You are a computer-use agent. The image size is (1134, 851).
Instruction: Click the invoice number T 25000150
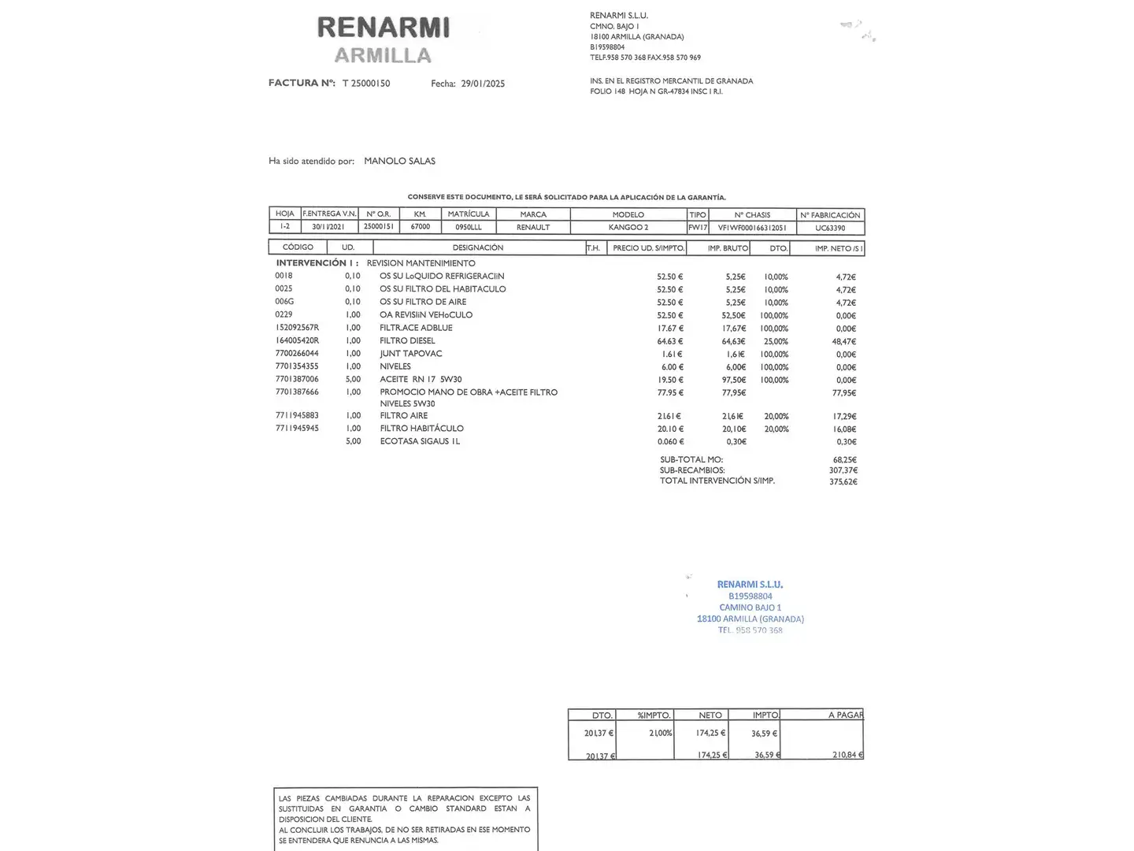point(366,84)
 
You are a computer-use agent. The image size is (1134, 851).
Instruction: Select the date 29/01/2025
point(483,84)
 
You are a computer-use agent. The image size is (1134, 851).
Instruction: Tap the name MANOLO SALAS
point(399,161)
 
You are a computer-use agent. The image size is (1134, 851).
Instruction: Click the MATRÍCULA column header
point(469,214)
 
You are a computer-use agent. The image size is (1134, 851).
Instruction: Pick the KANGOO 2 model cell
point(628,228)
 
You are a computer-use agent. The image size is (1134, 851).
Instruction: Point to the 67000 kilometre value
point(421,227)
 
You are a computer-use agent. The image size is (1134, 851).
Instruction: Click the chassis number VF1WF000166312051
point(752,228)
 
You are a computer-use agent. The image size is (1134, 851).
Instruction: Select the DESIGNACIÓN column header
point(477,247)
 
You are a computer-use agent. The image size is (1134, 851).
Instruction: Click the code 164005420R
point(297,341)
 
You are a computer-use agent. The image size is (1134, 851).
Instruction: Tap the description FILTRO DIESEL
point(407,341)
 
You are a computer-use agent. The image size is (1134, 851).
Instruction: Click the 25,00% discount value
point(776,342)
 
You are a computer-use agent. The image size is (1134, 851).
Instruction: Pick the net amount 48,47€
point(844,342)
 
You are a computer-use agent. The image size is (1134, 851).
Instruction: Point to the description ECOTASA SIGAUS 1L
point(420,441)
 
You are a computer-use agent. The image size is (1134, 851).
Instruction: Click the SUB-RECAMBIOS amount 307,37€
point(844,470)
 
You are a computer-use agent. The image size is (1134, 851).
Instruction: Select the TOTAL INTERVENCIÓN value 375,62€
point(843,481)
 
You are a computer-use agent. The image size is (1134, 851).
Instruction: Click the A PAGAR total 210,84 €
point(847,755)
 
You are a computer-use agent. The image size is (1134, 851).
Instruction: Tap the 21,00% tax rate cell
point(660,733)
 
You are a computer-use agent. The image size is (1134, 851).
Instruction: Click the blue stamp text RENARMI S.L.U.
point(750,585)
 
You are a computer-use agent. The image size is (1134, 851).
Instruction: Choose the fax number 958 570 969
point(681,58)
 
